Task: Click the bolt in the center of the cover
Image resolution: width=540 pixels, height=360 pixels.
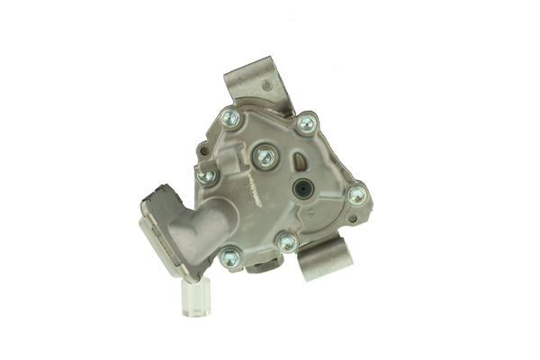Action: pyautogui.click(x=264, y=157)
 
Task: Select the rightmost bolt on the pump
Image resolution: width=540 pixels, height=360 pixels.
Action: pyautogui.click(x=357, y=194)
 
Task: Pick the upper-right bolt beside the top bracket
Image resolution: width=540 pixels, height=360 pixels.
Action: pyautogui.click(x=306, y=122)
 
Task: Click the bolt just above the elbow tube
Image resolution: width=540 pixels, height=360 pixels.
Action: pyautogui.click(x=206, y=175)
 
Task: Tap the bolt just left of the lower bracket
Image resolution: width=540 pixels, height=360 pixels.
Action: pyautogui.click(x=287, y=243)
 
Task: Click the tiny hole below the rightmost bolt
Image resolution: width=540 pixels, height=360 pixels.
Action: pyautogui.click(x=351, y=218)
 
